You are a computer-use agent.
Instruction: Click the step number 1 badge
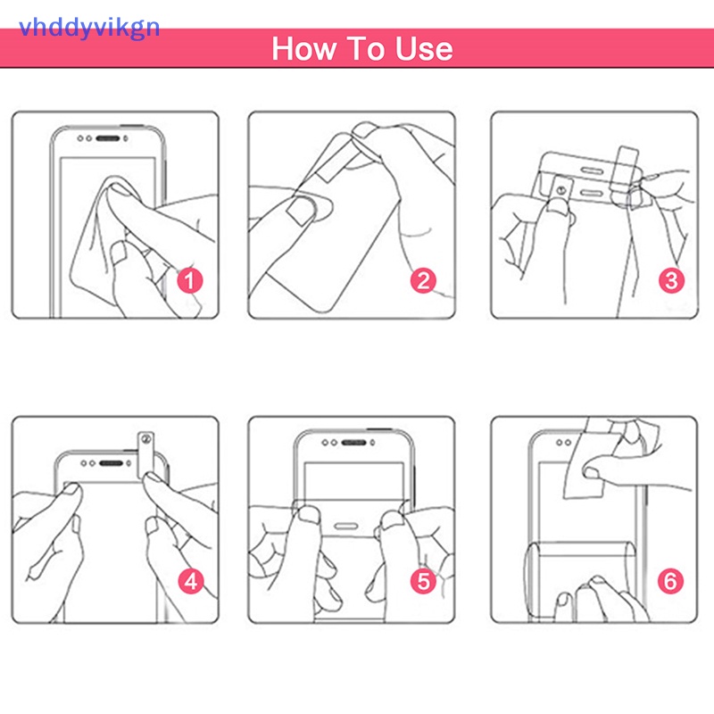(190, 280)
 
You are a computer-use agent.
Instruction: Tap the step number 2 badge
(423, 280)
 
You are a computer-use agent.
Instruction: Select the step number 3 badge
(671, 280)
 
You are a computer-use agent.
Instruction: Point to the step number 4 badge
(191, 581)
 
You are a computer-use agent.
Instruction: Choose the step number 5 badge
(423, 581)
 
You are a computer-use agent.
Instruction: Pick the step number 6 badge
(671, 581)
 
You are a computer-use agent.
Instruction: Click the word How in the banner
(303, 49)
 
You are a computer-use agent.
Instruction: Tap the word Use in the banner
(424, 49)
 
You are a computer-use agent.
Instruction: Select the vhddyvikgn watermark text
(89, 29)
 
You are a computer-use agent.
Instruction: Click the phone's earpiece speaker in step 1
(108, 138)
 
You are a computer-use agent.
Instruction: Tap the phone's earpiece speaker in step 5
(353, 443)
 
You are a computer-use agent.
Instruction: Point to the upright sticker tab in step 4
(145, 454)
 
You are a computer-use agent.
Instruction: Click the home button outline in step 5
(346, 527)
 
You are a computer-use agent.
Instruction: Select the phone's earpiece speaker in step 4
(111, 463)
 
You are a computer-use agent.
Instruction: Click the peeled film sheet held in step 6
(592, 460)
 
